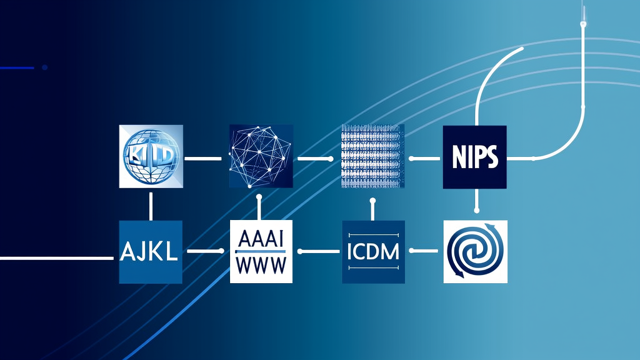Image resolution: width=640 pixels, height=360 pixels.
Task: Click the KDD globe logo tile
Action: click(151, 156)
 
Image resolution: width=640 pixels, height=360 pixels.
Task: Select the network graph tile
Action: click(261, 156)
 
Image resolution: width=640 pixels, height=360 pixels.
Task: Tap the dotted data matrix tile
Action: click(372, 156)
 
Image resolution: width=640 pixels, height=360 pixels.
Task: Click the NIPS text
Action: click(474, 157)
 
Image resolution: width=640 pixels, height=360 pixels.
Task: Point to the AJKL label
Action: click(151, 252)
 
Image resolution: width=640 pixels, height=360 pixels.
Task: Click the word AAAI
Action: click(261, 240)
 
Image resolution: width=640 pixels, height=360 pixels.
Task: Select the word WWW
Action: click(261, 264)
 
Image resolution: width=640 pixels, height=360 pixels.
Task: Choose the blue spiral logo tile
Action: click(475, 251)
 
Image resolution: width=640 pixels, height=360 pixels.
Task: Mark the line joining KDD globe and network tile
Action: click(204, 159)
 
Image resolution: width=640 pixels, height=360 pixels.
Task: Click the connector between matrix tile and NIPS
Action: click(422, 159)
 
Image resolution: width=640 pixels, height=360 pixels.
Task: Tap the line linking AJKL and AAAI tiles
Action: click(205, 251)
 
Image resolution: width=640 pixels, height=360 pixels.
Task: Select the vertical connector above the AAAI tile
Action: click(259, 206)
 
